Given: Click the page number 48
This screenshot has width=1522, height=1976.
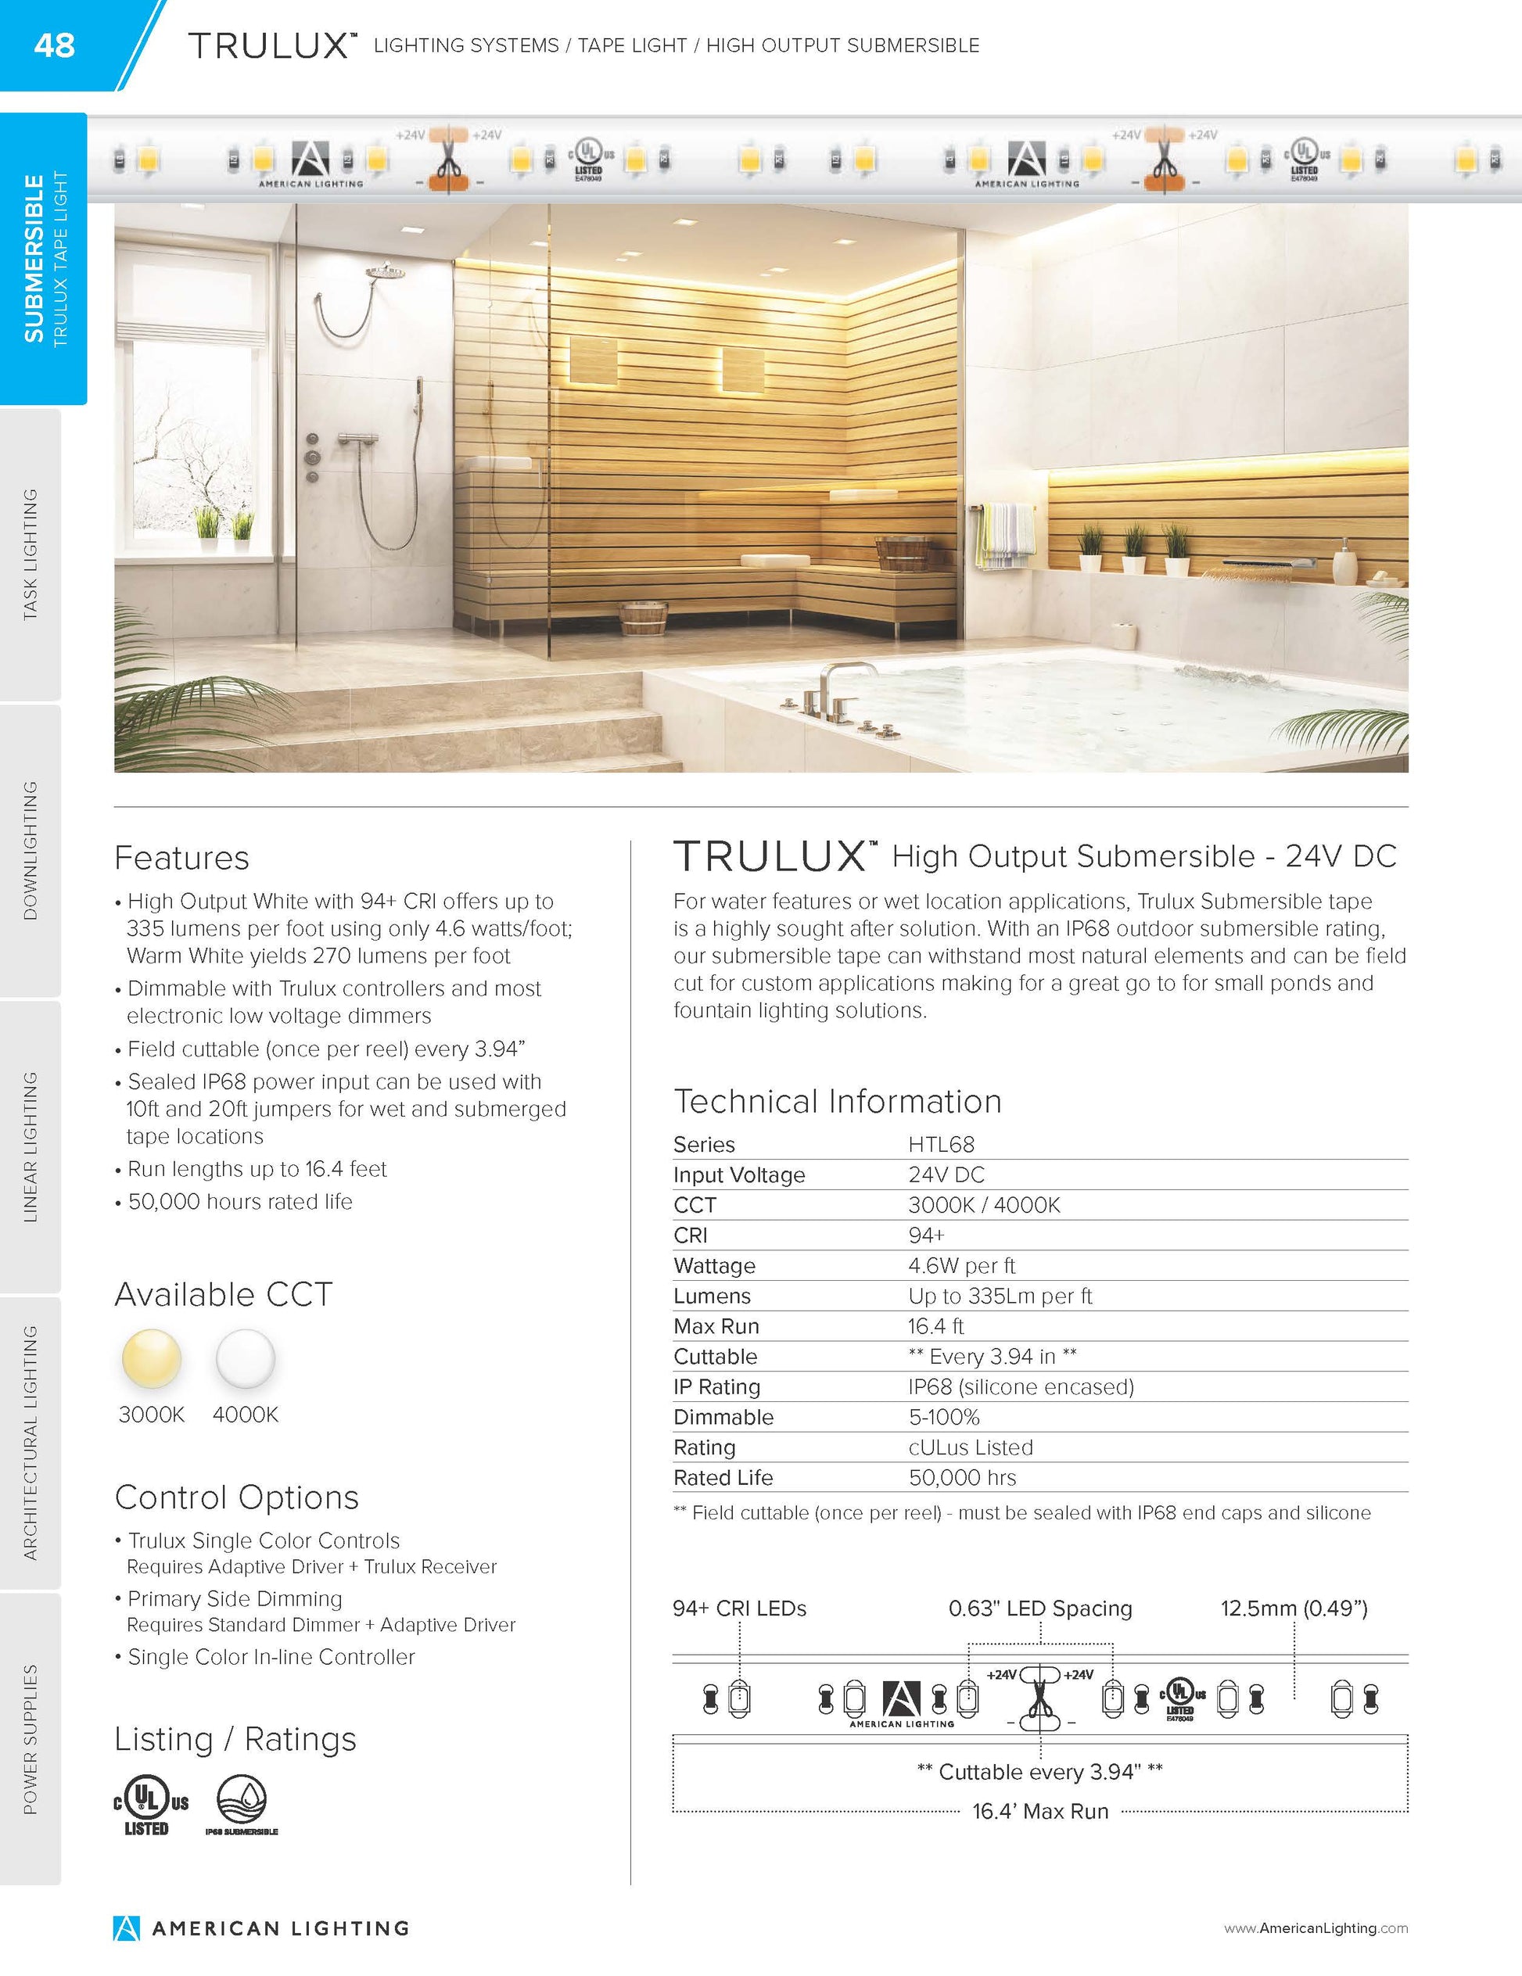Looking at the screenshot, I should [54, 45].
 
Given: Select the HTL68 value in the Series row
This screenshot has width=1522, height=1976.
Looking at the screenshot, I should [941, 1145].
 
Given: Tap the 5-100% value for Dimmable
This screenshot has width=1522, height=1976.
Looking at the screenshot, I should [944, 1417].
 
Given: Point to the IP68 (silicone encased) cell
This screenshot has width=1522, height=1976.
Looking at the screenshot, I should [1021, 1386].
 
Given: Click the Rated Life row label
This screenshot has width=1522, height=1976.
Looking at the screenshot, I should [723, 1477].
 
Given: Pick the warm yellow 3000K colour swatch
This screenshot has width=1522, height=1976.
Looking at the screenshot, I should [152, 1358].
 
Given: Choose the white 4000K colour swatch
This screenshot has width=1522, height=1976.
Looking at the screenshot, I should [246, 1358].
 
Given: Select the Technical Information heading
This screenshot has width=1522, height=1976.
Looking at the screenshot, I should [837, 1101].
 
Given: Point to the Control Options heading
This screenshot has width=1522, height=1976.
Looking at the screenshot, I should [237, 1497].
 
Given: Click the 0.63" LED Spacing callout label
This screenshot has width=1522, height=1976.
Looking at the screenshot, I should [1039, 1608].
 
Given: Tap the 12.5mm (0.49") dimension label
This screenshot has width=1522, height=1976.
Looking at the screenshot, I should [1294, 1608].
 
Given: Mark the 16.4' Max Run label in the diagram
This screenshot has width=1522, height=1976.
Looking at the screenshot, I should [1039, 1811].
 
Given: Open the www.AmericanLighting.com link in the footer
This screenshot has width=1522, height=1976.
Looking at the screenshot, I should [1316, 1928].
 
